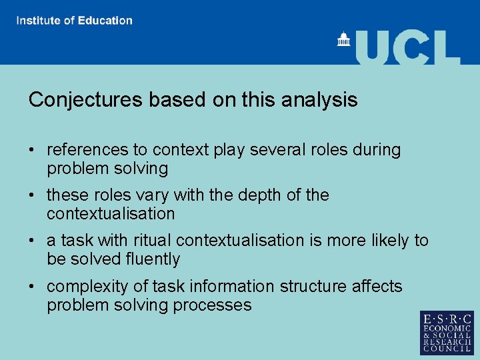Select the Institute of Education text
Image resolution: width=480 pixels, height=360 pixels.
pos(75,21)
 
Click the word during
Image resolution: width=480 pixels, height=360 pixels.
pos(377,150)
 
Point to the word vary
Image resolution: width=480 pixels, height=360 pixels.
pos(153,195)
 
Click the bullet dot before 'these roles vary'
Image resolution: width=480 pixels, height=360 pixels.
pos(33,196)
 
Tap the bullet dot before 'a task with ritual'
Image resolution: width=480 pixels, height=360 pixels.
pos(33,241)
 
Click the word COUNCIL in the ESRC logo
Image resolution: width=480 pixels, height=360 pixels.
pos(446,349)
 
